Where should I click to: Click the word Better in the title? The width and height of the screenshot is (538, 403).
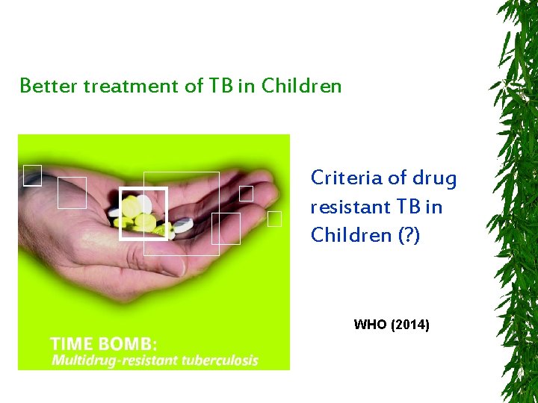[x=48, y=86]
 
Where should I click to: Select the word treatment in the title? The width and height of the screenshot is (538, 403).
[x=132, y=86]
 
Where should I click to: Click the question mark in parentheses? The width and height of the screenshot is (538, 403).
[x=406, y=235]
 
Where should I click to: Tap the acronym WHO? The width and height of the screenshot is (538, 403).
[x=370, y=325]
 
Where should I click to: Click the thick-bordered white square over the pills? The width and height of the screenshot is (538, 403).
[x=143, y=213]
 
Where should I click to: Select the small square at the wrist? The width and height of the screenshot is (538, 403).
[x=31, y=175]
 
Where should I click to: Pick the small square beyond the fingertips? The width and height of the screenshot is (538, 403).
[x=274, y=219]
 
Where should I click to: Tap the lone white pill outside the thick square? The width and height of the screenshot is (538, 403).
[x=183, y=223]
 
